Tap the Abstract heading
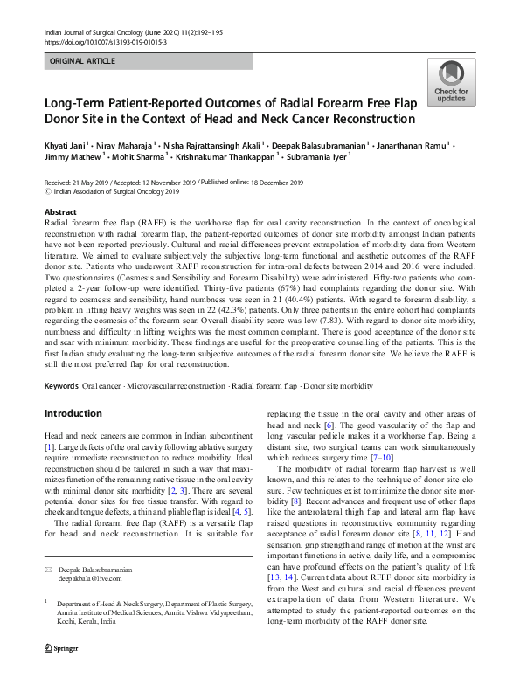click(60, 212)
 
